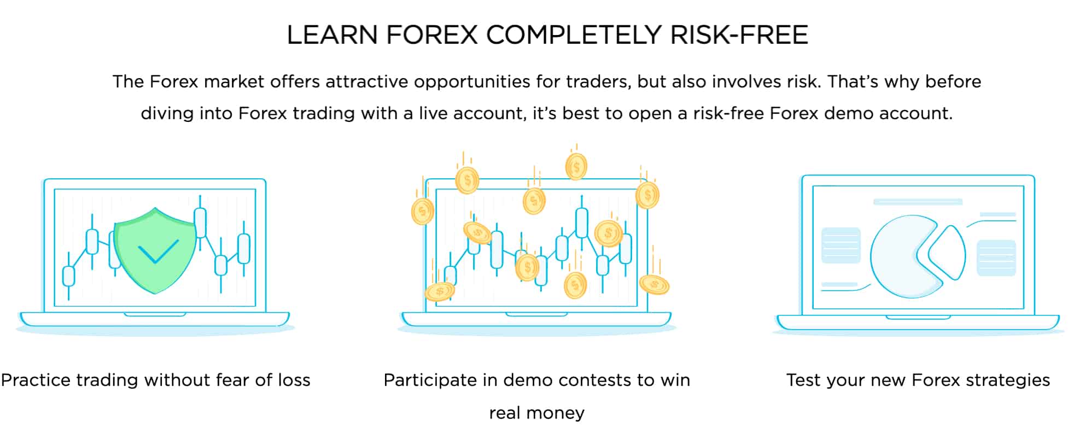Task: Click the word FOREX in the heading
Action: click(x=432, y=35)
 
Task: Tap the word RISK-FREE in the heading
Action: click(x=739, y=35)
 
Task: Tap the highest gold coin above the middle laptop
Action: click(x=576, y=166)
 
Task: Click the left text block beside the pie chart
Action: click(x=841, y=245)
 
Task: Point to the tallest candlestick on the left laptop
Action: click(x=200, y=222)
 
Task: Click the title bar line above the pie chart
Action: click(x=918, y=202)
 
